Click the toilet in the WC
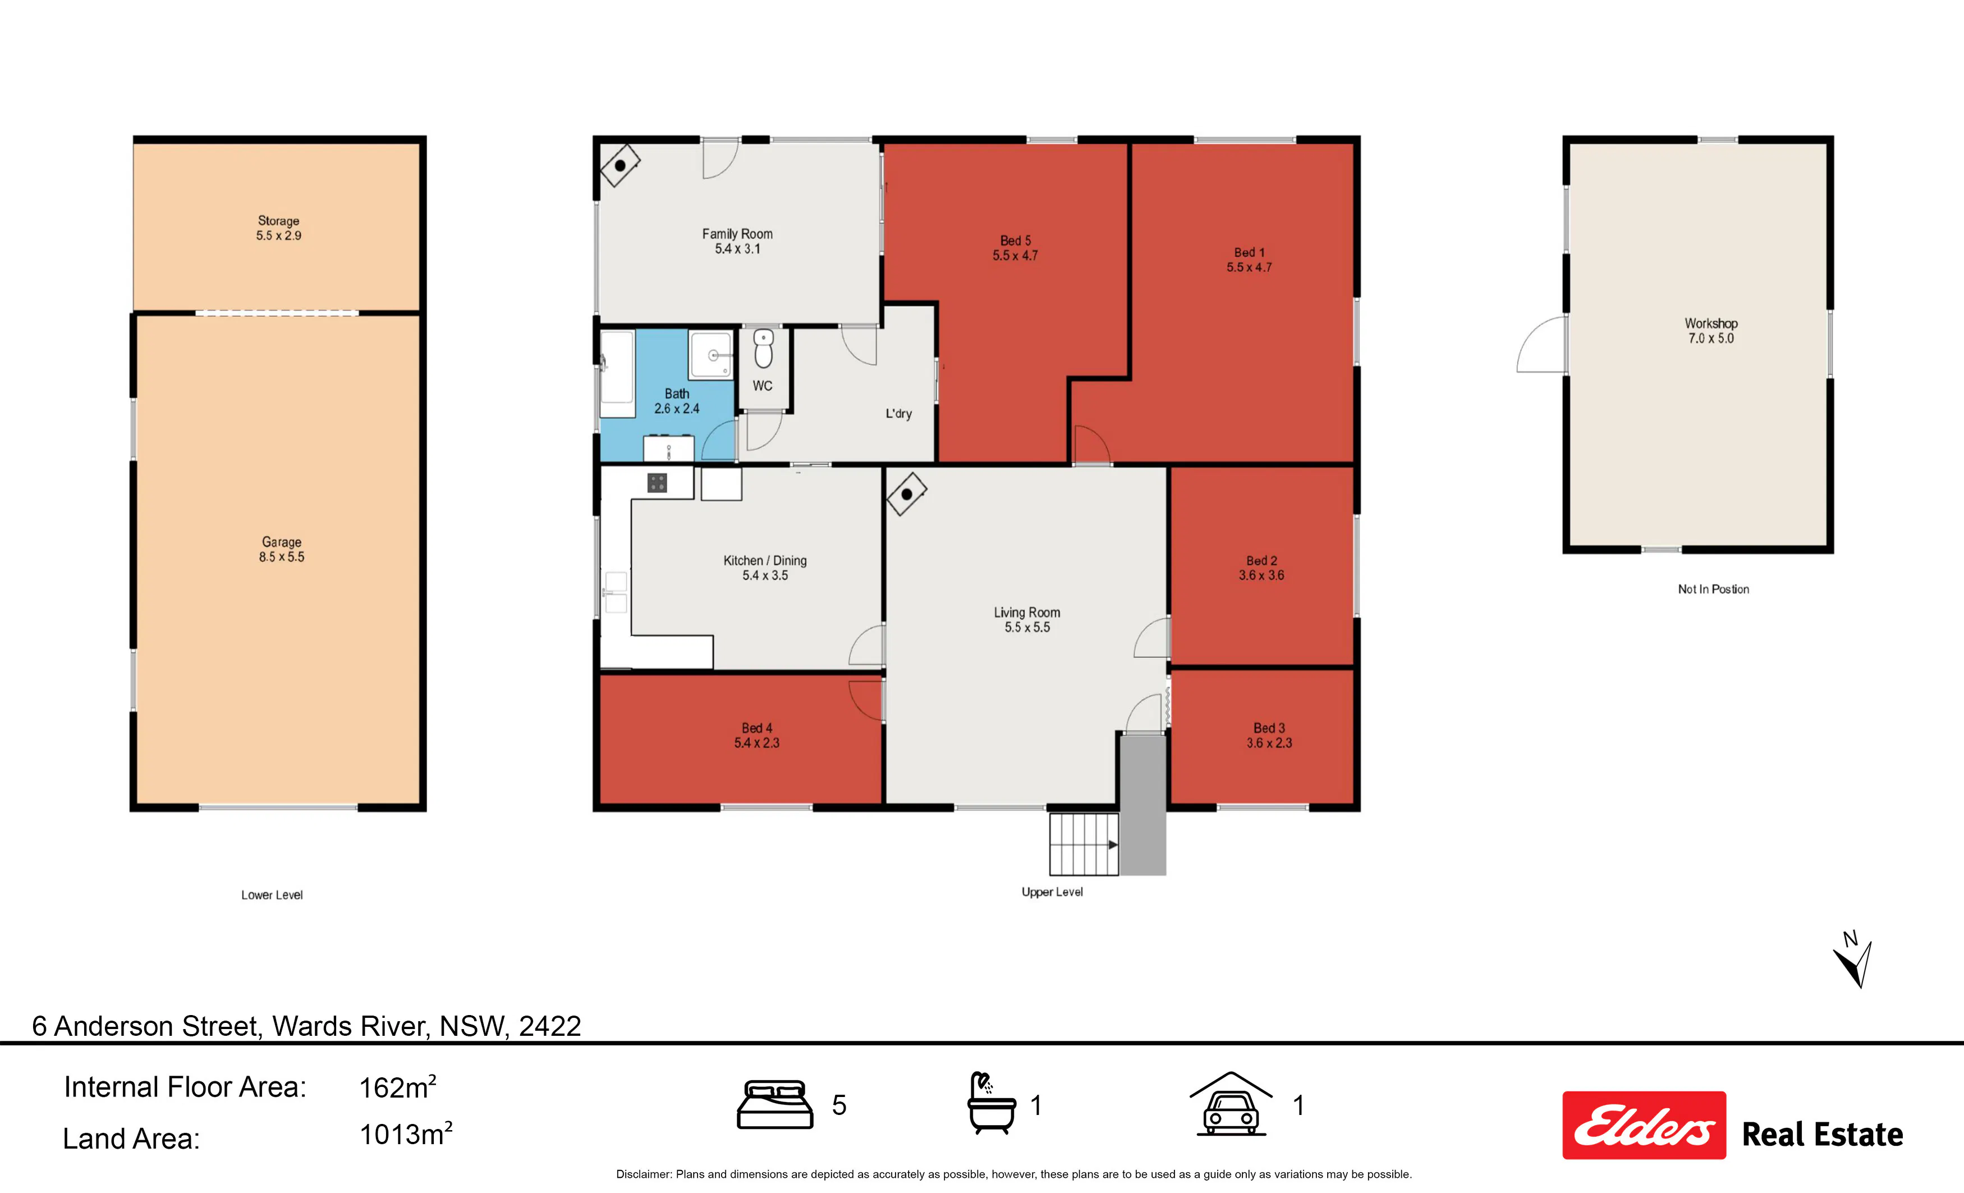(x=764, y=349)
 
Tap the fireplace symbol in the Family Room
(x=620, y=166)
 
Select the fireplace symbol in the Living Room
(x=906, y=495)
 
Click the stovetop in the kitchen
(x=657, y=482)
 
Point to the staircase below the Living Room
(x=1084, y=844)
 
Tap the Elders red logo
(x=1644, y=1125)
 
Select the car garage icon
(x=1231, y=1104)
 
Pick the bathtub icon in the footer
(x=992, y=1104)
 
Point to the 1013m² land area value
(x=406, y=1134)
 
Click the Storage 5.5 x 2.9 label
(x=278, y=228)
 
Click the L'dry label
(x=898, y=413)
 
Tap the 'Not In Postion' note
(x=1714, y=589)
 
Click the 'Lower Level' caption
(x=272, y=895)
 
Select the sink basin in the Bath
(x=711, y=355)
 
